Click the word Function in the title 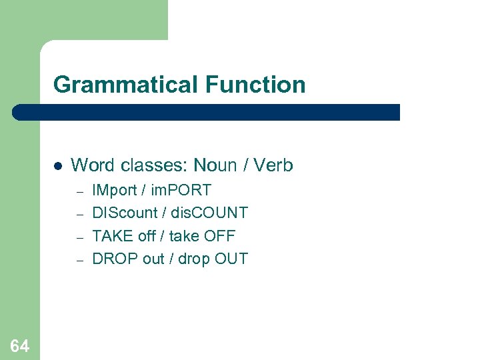pyautogui.click(x=255, y=85)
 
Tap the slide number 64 pyautogui.click(x=19, y=345)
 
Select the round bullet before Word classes pyautogui.click(x=57, y=165)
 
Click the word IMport pyautogui.click(x=118, y=191)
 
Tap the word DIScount pyautogui.click(x=125, y=213)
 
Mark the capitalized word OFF pyautogui.click(x=221, y=235)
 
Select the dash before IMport pyautogui.click(x=78, y=191)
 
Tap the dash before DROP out pyautogui.click(x=78, y=259)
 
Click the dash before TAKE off pyautogui.click(x=78, y=237)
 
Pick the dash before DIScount pyautogui.click(x=78, y=214)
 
